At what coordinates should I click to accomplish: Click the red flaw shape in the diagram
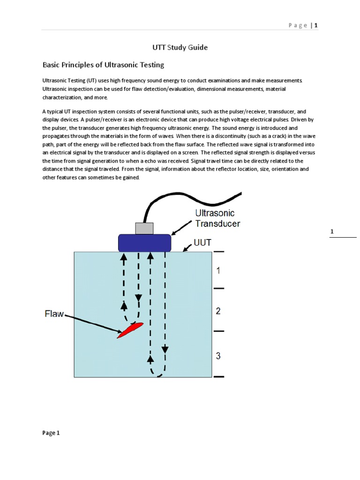click(x=130, y=330)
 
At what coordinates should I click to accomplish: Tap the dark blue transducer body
click(x=144, y=243)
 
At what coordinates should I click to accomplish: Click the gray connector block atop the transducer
click(x=144, y=228)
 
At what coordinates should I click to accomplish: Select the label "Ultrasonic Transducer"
click(x=217, y=218)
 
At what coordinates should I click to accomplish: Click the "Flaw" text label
click(x=54, y=314)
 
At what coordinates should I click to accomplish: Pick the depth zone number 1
click(x=218, y=270)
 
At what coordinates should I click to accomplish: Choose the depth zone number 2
click(x=218, y=311)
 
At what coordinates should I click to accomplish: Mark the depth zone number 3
click(x=218, y=356)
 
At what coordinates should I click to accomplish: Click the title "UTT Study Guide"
click(x=180, y=47)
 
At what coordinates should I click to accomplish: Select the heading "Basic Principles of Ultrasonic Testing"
click(x=103, y=65)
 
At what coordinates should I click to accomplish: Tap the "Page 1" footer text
click(x=51, y=433)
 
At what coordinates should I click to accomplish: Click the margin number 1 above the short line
click(x=332, y=232)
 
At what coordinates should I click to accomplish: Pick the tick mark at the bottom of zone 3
click(x=219, y=376)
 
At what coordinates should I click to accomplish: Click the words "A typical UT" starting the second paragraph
click(x=58, y=112)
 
